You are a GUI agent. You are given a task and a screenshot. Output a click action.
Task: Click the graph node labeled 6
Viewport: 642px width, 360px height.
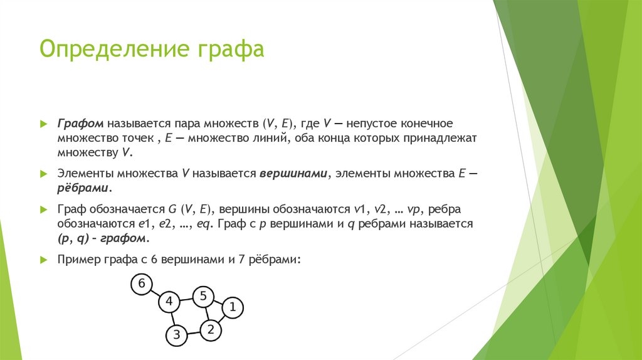click(x=142, y=284)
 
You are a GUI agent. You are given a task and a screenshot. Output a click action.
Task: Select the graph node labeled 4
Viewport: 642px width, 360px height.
click(x=169, y=302)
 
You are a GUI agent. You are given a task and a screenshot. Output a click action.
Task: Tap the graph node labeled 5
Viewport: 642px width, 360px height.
click(x=203, y=296)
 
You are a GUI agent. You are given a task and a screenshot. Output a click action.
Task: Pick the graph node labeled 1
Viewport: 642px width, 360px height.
click(x=232, y=307)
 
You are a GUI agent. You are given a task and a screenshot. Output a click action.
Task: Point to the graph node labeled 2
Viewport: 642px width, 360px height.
click(x=211, y=329)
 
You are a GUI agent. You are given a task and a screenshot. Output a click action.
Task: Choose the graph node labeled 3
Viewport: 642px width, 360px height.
click(x=177, y=335)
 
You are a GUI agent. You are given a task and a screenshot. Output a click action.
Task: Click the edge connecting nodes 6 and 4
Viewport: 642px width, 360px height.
click(x=155, y=293)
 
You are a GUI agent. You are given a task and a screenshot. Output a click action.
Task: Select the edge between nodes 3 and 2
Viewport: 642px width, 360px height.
click(x=194, y=332)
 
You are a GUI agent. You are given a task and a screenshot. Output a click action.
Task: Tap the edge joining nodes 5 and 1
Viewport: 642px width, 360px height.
click(x=218, y=302)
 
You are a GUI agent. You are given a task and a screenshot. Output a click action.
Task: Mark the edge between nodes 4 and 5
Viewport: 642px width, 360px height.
click(x=186, y=299)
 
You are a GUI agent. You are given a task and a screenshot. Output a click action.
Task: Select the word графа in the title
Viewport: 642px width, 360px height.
click(x=229, y=49)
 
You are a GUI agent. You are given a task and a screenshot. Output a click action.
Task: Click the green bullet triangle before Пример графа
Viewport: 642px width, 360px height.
click(x=43, y=258)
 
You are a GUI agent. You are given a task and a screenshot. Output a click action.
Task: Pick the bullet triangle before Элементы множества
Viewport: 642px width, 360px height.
click(x=43, y=174)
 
